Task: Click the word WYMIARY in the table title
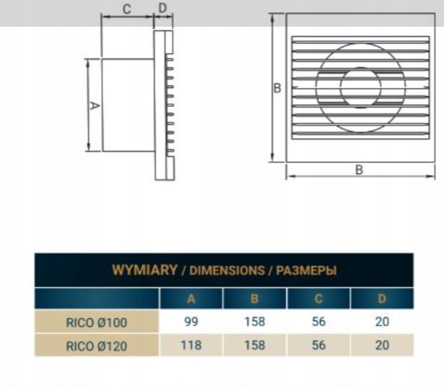point(144,271)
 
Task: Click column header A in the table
point(191,299)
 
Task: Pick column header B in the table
point(254,299)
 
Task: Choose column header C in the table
point(319,299)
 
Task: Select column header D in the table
point(382,299)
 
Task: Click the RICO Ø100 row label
point(97,323)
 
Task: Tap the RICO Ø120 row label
point(97,345)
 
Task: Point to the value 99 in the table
point(191,322)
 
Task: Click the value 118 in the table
point(191,345)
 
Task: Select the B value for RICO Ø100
point(254,322)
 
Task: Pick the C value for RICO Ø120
point(319,345)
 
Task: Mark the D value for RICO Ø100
point(382,322)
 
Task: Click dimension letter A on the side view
point(94,106)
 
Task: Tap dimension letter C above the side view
point(127,9)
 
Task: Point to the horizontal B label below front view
point(359,169)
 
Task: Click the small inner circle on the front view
point(360,87)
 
